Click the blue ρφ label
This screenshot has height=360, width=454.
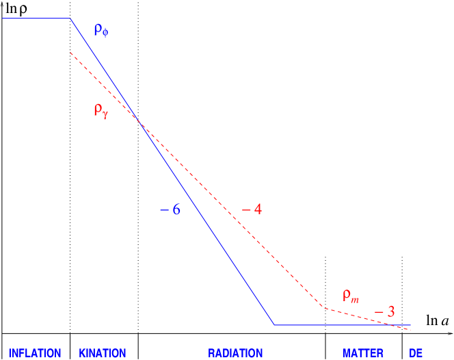[101, 29]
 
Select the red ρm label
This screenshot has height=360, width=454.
[351, 296]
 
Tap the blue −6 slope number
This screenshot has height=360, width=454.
[170, 209]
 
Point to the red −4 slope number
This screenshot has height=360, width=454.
[252, 209]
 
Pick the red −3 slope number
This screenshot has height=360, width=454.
[385, 312]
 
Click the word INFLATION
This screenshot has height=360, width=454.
[35, 353]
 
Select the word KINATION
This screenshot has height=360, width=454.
[103, 353]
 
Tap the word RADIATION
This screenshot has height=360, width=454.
[235, 353]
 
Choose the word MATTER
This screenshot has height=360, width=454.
[363, 353]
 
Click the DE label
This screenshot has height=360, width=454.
[416, 353]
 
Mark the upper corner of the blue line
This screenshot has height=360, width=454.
[70, 18]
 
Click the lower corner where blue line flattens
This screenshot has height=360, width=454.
[274, 324]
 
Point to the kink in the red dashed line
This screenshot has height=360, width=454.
[324, 307]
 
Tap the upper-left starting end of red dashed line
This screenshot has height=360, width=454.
[70, 53]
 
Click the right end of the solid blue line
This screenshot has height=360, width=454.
[411, 324]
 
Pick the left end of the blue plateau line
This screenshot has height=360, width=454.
[3, 18]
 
